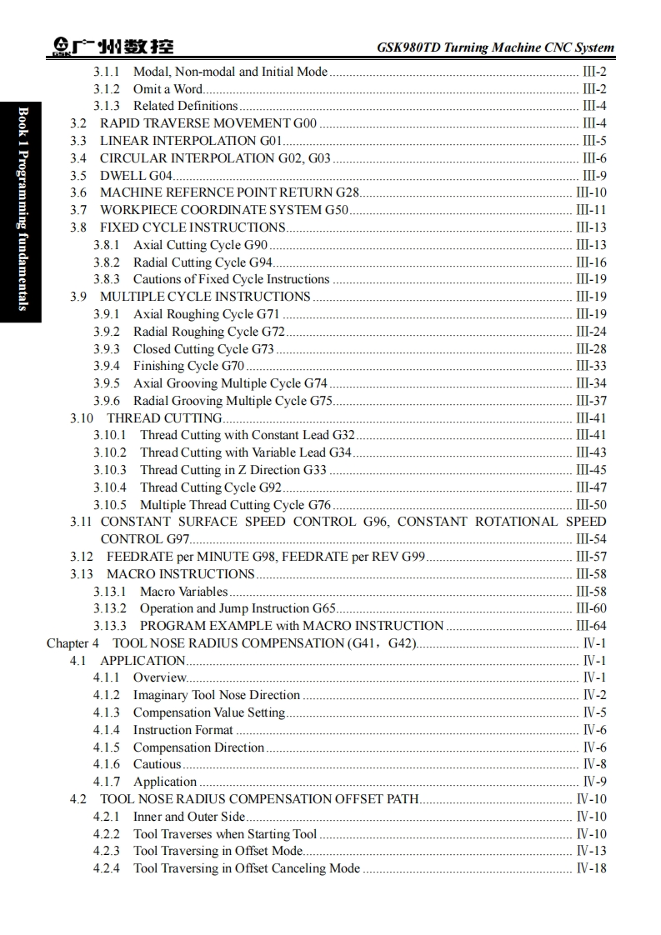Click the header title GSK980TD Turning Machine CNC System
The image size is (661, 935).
495,47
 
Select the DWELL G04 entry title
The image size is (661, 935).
136,176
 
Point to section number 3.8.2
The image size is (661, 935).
106,262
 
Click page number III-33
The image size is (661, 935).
591,366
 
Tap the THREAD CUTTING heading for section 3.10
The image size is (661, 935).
164,418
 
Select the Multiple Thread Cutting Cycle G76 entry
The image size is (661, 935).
235,505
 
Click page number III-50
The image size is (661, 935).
591,505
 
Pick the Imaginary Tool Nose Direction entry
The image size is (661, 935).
216,695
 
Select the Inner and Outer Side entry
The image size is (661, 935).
189,817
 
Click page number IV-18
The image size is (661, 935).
591,868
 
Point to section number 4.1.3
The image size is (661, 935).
106,712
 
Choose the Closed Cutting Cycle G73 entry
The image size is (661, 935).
203,349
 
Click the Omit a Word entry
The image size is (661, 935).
168,89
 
